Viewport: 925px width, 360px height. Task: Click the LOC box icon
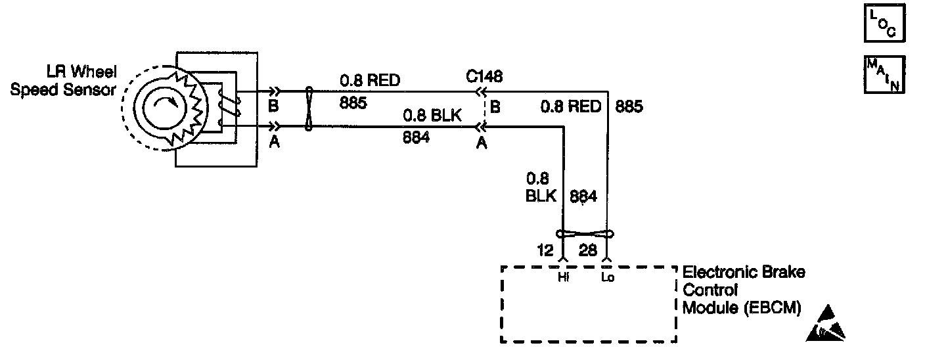point(884,24)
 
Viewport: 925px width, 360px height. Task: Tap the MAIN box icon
point(884,74)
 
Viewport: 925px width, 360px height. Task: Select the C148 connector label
point(485,77)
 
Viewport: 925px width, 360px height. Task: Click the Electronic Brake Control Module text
point(744,290)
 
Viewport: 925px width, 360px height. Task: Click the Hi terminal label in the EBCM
point(563,278)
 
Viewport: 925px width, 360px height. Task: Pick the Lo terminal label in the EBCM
point(607,278)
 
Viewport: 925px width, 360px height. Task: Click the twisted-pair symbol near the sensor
point(308,109)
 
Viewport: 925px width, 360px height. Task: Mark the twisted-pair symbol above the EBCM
point(585,233)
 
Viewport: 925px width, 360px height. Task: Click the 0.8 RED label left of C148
point(369,81)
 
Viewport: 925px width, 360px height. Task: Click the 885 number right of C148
point(629,106)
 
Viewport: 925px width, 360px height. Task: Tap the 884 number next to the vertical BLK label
point(583,196)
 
